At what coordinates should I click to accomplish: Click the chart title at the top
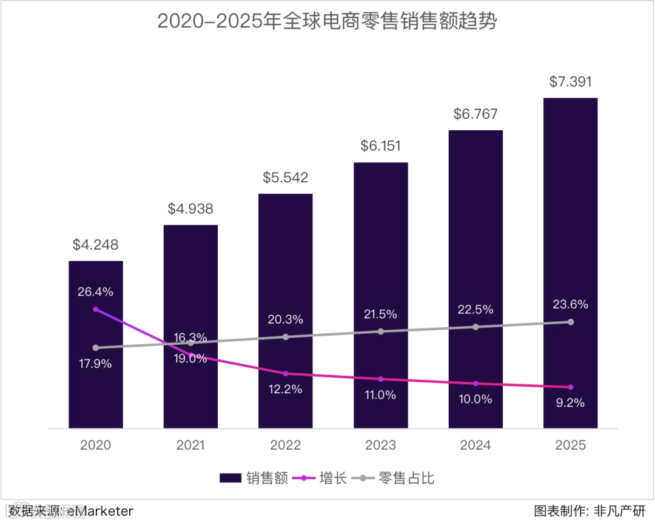click(x=327, y=21)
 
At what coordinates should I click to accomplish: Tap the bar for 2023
click(x=381, y=255)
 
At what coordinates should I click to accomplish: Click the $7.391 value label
click(x=570, y=82)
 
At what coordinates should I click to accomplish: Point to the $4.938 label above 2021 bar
click(x=190, y=210)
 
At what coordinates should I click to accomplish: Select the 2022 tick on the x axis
click(x=286, y=445)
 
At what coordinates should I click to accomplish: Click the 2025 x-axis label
click(x=570, y=445)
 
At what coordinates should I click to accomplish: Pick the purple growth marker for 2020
click(x=96, y=309)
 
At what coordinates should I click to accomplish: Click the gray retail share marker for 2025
click(x=570, y=322)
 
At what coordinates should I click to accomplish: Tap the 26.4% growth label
click(x=95, y=291)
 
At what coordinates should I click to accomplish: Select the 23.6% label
click(x=570, y=305)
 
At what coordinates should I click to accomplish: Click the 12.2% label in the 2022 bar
click(x=286, y=390)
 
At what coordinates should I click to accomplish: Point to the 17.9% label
click(x=95, y=364)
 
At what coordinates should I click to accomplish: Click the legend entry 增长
click(x=320, y=478)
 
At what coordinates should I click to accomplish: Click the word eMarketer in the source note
click(x=100, y=511)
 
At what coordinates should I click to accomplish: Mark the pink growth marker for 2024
click(x=475, y=383)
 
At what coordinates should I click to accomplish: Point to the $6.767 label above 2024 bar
click(x=475, y=114)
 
